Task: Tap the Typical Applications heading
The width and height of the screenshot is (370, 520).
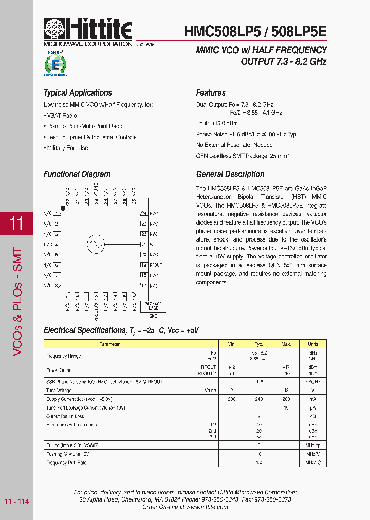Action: pos(78,93)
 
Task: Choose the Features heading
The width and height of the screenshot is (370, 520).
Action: pos(211,93)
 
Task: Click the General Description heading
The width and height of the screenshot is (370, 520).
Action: pos(230,174)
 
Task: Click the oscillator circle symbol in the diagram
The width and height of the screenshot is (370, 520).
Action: pos(96,244)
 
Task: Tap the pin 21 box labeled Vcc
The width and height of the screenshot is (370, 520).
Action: pos(144,245)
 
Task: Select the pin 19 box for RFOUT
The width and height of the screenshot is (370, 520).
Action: pos(144,265)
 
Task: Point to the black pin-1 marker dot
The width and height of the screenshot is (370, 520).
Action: pos(63,208)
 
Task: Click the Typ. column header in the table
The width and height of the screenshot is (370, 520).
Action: pos(259,344)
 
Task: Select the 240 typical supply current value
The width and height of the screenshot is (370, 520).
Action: pos(259,399)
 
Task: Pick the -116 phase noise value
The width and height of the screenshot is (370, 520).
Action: pos(259,382)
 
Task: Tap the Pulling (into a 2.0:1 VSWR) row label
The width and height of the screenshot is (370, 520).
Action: pos(72,445)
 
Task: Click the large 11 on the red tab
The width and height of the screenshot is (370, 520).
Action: pos(16,224)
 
